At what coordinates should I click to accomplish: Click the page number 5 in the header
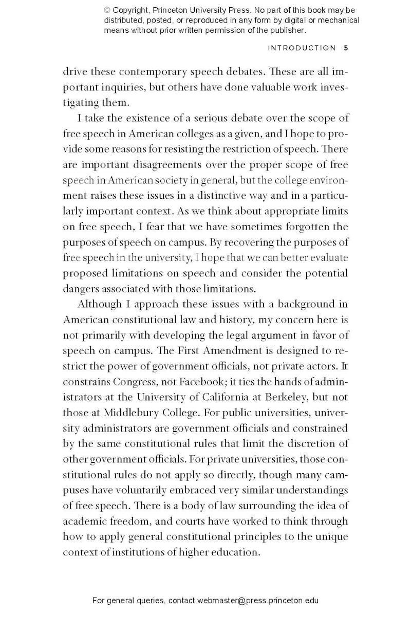pyautogui.click(x=346, y=48)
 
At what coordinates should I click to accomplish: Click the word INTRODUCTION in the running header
pyautogui.click(x=302, y=48)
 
